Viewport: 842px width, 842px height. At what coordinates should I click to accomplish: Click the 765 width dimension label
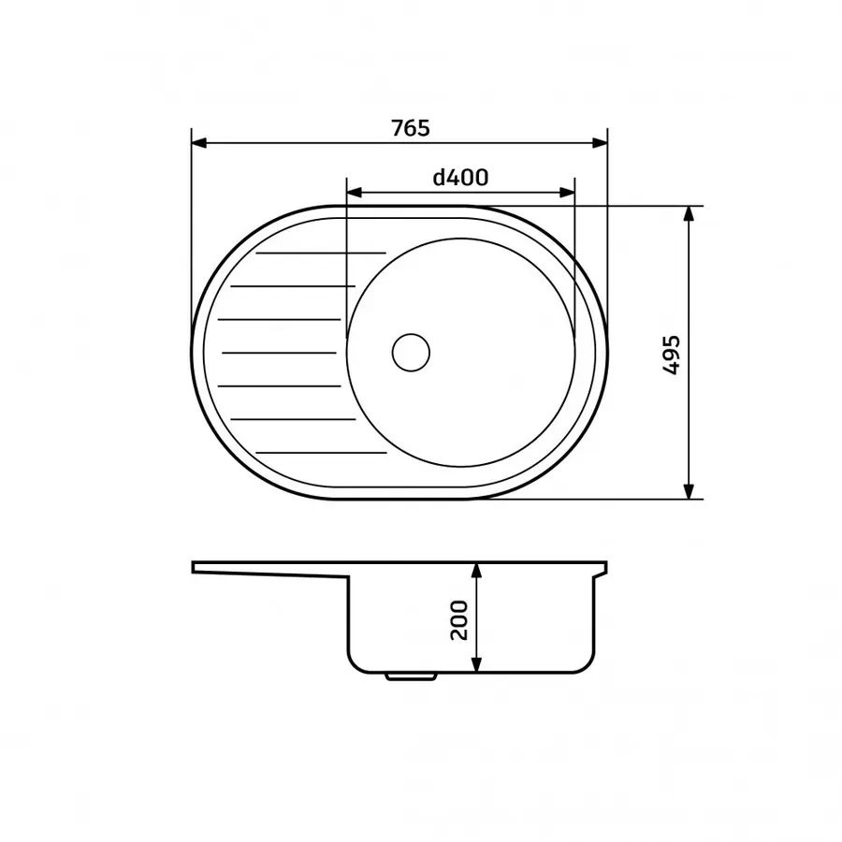411,128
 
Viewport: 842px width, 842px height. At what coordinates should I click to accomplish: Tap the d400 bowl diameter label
460,177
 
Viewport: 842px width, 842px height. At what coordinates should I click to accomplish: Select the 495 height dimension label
671,355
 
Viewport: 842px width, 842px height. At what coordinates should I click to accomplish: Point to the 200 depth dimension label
459,620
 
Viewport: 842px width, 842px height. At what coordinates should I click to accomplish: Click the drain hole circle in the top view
412,353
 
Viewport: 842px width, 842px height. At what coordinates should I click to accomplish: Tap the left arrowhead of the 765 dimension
199,143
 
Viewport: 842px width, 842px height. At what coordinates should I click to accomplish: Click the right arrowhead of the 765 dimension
600,143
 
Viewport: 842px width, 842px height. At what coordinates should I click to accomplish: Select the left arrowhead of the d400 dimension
355,192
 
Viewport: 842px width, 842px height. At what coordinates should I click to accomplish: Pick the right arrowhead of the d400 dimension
567,192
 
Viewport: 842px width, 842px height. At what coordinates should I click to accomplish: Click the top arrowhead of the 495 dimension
689,213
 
